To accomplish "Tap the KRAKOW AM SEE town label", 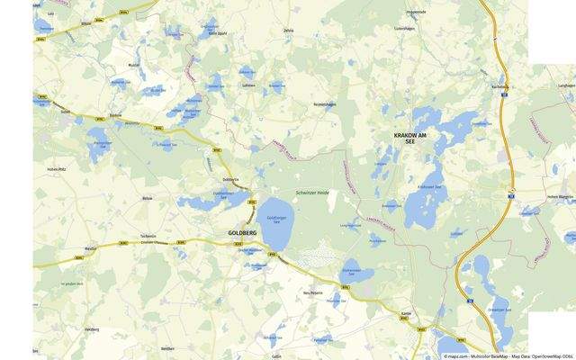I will pos(412,135).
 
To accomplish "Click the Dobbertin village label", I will pos(230,179).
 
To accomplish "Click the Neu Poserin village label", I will pos(312,292).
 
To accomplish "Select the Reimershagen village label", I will pos(324,106).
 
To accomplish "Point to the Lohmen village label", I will pos(247,84).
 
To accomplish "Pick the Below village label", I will pos(148,196).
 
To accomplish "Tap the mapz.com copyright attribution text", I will pos(505,356).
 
